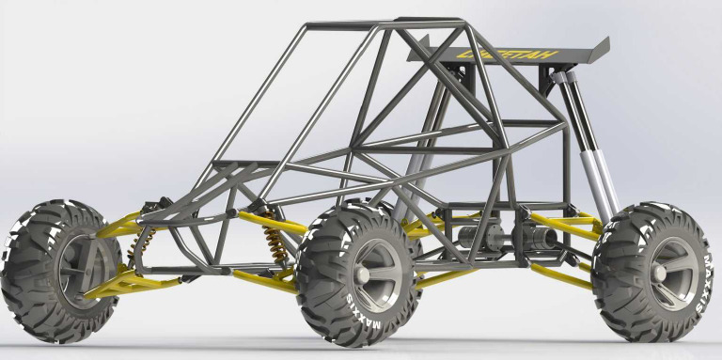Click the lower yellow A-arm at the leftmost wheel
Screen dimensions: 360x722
(x=127, y=282)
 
